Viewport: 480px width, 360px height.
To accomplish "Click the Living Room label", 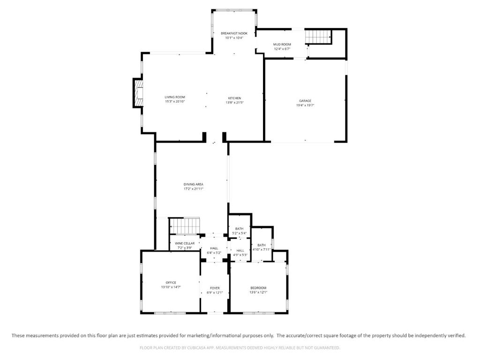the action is point(175,97).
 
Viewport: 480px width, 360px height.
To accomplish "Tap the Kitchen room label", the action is point(234,98).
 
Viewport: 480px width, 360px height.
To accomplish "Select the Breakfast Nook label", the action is point(234,33).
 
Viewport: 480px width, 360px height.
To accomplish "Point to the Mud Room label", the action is point(282,45).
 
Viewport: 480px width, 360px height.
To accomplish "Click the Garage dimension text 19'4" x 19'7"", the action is point(305,105).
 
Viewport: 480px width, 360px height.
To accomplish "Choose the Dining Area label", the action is point(194,184).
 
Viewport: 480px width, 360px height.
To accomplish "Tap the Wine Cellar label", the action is point(185,243).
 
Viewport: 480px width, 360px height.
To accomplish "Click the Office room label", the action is point(171,283).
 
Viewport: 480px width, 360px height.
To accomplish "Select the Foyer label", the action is point(215,288).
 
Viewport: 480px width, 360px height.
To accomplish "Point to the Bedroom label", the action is point(258,288).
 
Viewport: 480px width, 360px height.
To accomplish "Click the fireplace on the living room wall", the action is point(138,93).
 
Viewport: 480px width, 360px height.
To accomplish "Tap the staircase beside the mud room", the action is point(319,37).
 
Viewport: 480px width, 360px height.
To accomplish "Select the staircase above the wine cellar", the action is point(185,226).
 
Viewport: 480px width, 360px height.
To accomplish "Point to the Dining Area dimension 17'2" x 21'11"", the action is point(194,189).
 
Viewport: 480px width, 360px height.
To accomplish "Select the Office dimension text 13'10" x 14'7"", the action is point(171,287).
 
